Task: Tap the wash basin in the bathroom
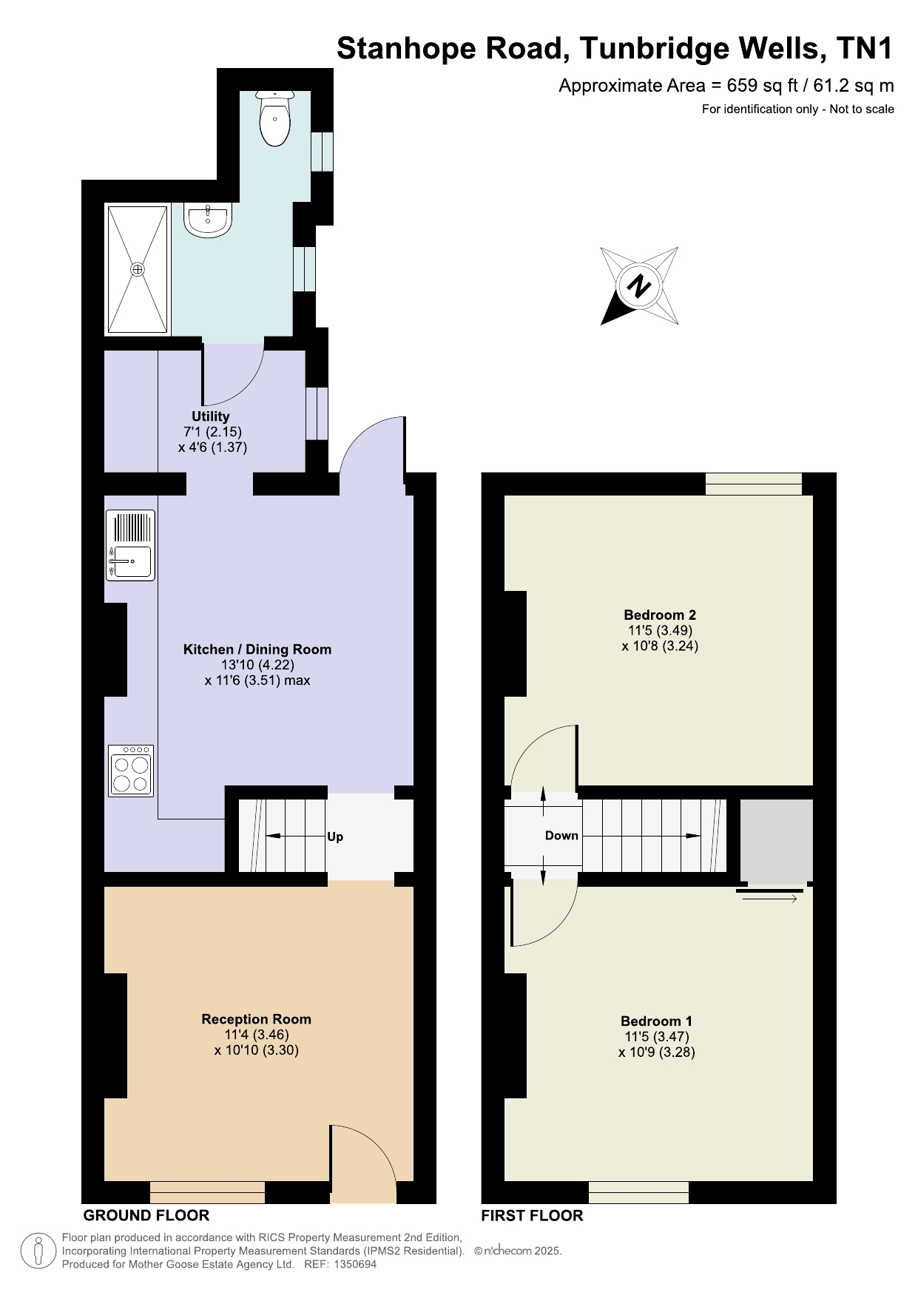(x=208, y=220)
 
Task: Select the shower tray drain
(x=138, y=269)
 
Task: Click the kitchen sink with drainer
(x=131, y=545)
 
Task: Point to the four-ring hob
(x=131, y=771)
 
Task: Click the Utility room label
(x=211, y=416)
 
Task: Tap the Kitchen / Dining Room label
(x=257, y=649)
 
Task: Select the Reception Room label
(x=257, y=1019)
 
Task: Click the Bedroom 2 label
(x=660, y=615)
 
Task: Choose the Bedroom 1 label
(x=657, y=1021)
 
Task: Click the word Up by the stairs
(x=335, y=837)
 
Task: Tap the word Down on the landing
(x=561, y=836)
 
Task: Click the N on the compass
(x=639, y=285)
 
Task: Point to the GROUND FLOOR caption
(x=146, y=1215)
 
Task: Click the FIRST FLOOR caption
(x=532, y=1215)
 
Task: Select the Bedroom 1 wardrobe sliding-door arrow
(x=766, y=899)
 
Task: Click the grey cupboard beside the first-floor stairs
(x=777, y=839)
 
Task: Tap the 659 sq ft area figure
(x=762, y=86)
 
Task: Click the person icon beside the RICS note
(x=38, y=1251)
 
